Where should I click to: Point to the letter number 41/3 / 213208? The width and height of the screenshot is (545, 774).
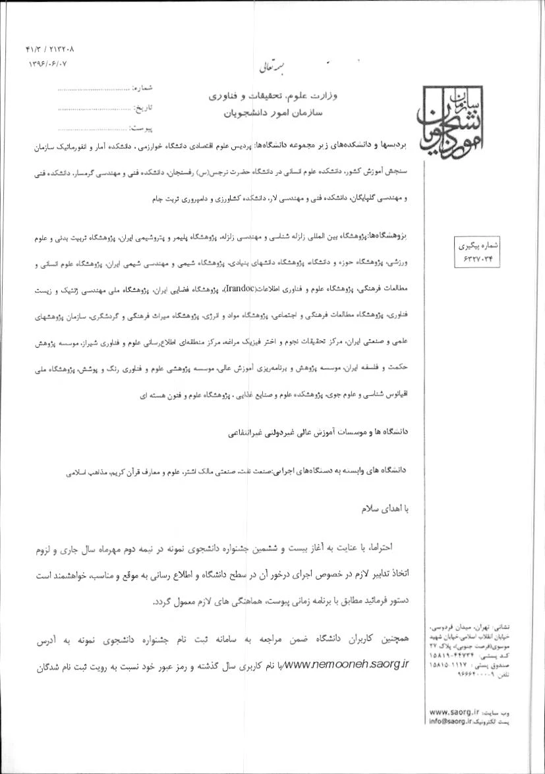pyautogui.click(x=50, y=49)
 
